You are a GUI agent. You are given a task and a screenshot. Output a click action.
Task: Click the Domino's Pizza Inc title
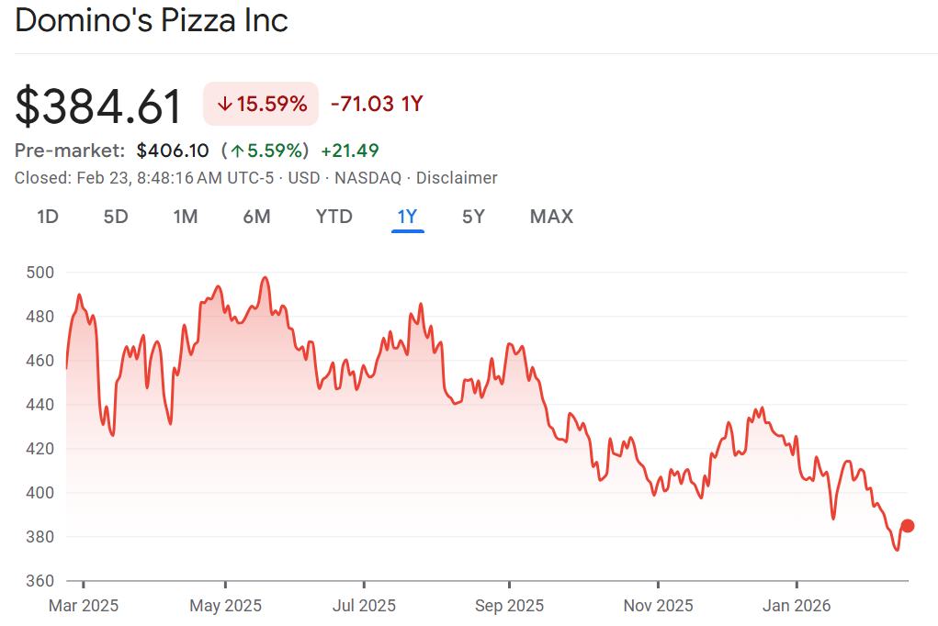click(152, 20)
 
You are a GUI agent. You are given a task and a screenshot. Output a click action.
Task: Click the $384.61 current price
click(98, 106)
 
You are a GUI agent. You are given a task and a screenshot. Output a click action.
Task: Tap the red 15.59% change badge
click(261, 104)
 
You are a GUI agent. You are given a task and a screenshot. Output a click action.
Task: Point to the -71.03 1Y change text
click(376, 104)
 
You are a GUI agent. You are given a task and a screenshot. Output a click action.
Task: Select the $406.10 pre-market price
click(173, 151)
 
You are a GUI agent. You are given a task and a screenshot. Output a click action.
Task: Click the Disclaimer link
click(458, 178)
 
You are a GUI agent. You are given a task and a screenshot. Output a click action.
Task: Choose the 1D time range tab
click(48, 217)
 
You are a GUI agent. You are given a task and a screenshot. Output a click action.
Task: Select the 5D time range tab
click(116, 217)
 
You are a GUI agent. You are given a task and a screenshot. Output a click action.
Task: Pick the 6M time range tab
click(256, 217)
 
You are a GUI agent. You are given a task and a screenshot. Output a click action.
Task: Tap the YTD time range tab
click(333, 217)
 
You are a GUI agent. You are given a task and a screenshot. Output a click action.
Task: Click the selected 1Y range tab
click(407, 217)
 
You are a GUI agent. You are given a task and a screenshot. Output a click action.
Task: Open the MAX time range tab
click(551, 217)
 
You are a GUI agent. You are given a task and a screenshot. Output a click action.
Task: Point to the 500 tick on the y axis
click(41, 273)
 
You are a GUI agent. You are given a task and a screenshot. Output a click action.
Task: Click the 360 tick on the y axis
click(41, 581)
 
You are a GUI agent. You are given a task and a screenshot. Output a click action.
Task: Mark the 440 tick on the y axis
click(41, 405)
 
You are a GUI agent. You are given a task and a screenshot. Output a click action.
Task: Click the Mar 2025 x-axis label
click(84, 606)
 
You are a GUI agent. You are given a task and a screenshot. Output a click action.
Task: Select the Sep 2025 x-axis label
click(509, 606)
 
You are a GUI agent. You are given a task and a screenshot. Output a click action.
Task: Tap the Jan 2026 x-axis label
click(797, 606)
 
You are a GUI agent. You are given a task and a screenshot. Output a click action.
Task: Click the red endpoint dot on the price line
click(908, 526)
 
